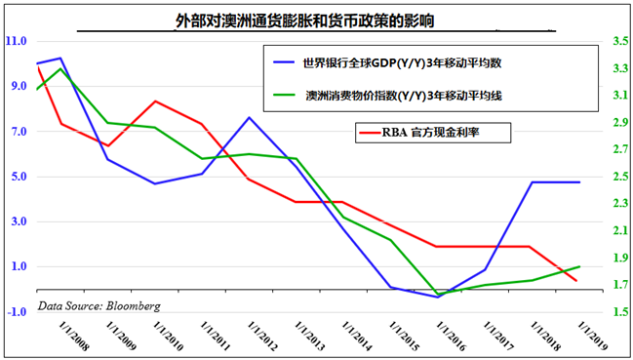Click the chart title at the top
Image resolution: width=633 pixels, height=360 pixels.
pyautogui.click(x=304, y=20)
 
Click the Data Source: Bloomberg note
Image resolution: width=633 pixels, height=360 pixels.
pyautogui.click(x=99, y=305)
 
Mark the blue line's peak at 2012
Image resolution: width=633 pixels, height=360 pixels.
pyautogui.click(x=250, y=118)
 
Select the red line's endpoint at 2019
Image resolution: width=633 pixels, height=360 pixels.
pyautogui.click(x=580, y=281)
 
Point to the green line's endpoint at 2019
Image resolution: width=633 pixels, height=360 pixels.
pyautogui.click(x=580, y=266)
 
